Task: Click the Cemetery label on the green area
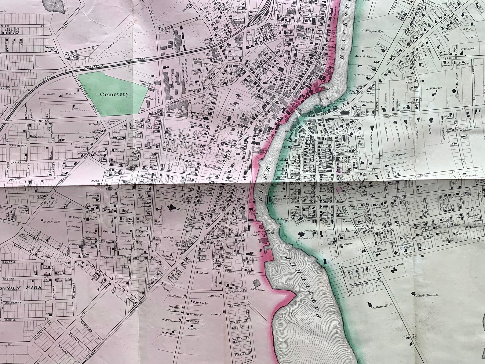click(114, 94)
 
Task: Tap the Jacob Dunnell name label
click(428, 295)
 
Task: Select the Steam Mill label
click(310, 231)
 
